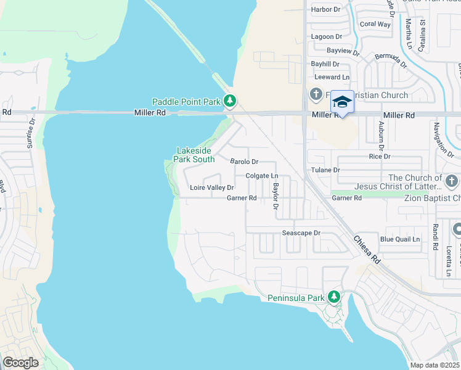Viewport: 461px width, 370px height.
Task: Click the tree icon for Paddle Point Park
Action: [230, 100]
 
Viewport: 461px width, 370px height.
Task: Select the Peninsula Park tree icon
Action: [333, 297]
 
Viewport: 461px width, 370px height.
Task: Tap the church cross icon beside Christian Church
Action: [316, 94]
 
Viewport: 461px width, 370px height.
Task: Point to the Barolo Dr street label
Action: [244, 162]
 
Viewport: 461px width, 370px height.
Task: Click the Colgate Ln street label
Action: [262, 176]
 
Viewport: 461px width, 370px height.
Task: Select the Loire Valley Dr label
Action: [211, 187]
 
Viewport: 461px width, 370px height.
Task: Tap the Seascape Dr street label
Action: [301, 233]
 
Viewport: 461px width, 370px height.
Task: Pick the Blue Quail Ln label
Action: [399, 239]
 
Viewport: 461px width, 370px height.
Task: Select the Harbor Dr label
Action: [326, 9]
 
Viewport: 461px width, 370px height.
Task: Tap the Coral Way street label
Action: [375, 24]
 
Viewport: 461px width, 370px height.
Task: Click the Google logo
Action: [20, 363]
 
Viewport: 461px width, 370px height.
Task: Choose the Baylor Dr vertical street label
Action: [277, 195]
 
